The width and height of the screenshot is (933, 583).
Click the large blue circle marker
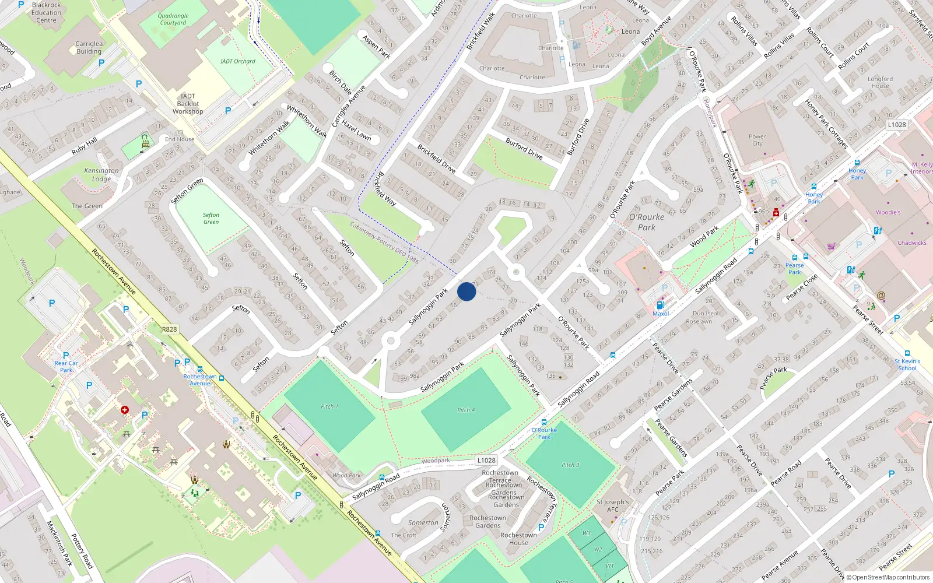click(x=466, y=291)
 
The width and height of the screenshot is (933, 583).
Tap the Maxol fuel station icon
click(x=661, y=305)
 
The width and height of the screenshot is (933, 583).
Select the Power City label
click(x=757, y=140)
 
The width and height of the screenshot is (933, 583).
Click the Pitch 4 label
click(x=466, y=410)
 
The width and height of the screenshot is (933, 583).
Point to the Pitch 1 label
click(x=329, y=406)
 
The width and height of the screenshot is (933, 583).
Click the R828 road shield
click(x=169, y=329)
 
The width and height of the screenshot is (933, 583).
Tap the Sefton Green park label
click(x=211, y=219)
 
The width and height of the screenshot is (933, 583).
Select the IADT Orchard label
click(x=237, y=61)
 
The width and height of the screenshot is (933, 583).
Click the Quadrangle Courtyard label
click(x=173, y=20)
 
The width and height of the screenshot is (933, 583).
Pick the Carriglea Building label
click(x=89, y=47)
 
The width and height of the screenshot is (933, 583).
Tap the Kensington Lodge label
click(x=101, y=175)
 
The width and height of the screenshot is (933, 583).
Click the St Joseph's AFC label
click(x=612, y=505)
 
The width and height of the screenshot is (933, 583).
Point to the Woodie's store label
click(x=888, y=212)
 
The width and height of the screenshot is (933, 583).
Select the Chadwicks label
click(x=911, y=243)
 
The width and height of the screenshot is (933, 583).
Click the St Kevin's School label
click(x=907, y=364)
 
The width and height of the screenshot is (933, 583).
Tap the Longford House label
click(x=880, y=82)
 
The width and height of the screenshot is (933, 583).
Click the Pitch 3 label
click(x=570, y=465)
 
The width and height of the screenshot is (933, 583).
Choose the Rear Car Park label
click(x=66, y=366)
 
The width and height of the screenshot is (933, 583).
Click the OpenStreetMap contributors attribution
click(x=888, y=577)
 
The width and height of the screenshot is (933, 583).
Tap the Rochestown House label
click(x=518, y=539)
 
